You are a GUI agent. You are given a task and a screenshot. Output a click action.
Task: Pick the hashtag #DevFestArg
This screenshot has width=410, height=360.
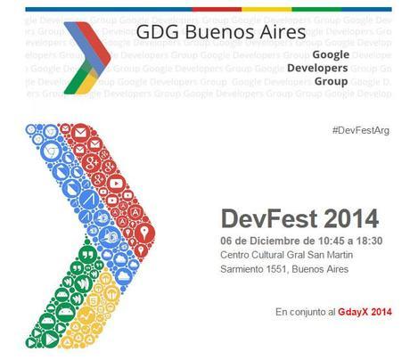click(x=360, y=130)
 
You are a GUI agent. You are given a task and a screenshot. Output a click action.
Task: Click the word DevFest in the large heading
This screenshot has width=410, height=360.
click(x=262, y=217)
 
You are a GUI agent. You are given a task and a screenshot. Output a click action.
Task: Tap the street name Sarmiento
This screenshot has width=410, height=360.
click(x=244, y=271)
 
